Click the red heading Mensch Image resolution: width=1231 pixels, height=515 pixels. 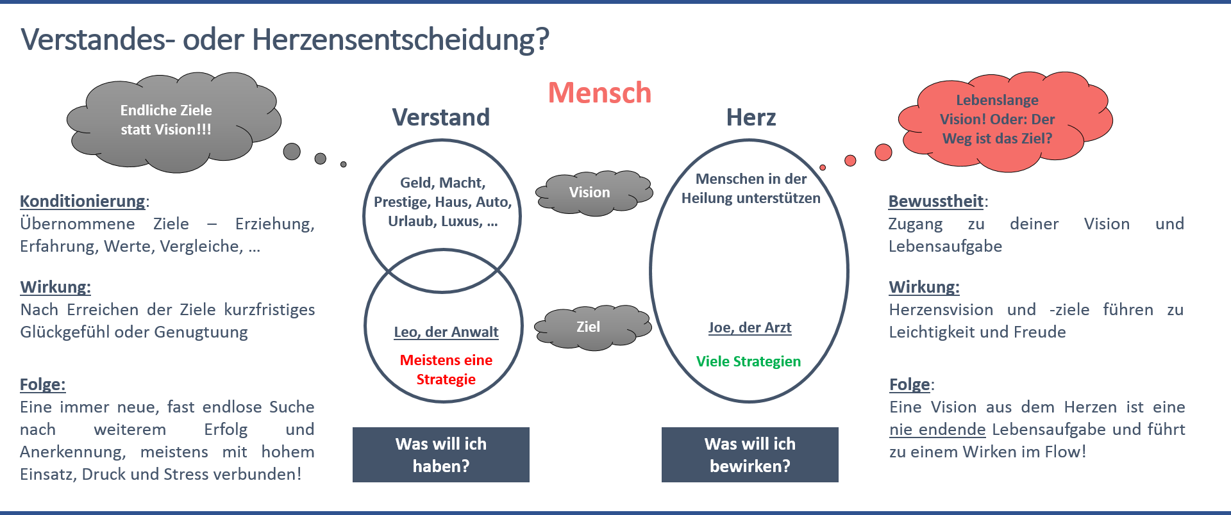(599, 94)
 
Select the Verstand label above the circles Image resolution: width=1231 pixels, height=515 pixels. (441, 118)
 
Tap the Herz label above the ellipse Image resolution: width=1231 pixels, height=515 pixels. (751, 118)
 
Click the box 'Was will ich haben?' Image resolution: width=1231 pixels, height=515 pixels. (441, 455)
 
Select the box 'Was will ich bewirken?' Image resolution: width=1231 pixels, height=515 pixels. (750, 455)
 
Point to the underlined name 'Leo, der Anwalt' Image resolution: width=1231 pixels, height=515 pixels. (446, 332)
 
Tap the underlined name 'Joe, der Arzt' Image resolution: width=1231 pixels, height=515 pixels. (749, 328)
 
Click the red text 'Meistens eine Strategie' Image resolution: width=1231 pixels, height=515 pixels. (446, 370)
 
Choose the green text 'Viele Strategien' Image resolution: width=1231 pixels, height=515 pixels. (748, 361)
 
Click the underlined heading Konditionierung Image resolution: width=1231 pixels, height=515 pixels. (83, 201)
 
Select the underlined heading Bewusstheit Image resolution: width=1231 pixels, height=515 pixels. (936, 201)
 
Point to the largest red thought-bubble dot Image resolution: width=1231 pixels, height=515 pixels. (883, 152)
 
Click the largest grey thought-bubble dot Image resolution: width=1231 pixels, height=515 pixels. (292, 151)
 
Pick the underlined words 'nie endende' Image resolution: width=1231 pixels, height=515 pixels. (937, 429)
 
